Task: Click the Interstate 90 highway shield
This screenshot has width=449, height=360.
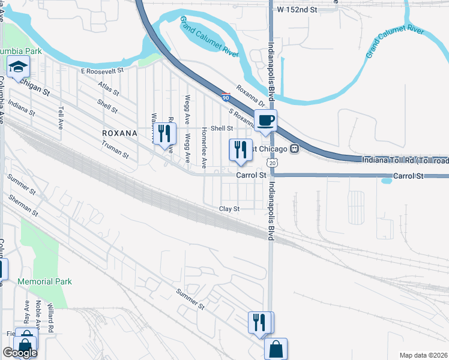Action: pos(225,96)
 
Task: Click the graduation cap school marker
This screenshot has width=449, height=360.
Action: pos(19,67)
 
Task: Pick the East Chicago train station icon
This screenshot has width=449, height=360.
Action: pos(294,148)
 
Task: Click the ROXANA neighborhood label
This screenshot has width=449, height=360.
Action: pos(120,133)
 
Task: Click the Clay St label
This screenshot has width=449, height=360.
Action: pos(229,209)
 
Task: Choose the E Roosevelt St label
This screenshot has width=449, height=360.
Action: pos(101,71)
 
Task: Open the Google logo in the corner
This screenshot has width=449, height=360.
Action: pos(19,353)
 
